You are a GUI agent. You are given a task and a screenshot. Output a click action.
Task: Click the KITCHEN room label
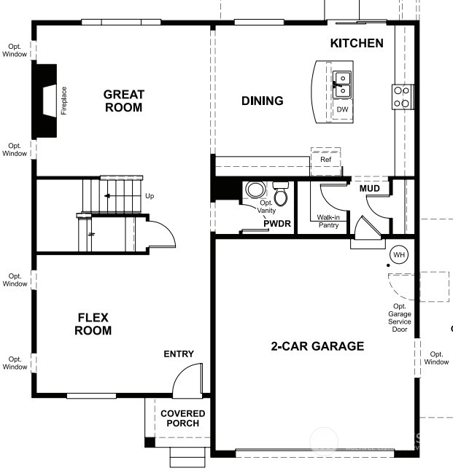[357, 43]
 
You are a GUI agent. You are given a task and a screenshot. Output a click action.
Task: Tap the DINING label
[263, 101]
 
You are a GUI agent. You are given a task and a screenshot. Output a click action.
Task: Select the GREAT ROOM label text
[124, 101]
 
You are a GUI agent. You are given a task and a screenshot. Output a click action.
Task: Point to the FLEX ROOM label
[93, 324]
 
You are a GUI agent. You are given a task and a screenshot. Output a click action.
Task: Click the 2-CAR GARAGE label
[317, 346]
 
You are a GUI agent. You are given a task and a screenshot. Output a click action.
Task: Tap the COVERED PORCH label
[182, 418]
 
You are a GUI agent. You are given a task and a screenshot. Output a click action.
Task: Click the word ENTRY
[179, 354]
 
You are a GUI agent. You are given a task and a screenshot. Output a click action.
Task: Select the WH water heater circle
[399, 254]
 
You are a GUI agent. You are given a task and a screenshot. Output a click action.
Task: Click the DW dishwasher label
[342, 109]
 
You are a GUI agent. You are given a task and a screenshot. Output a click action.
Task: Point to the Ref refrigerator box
[325, 162]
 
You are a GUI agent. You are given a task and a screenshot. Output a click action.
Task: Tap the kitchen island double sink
[342, 85]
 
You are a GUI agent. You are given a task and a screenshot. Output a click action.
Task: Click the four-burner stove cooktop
[401, 96]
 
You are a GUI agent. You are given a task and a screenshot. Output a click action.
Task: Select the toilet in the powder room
[280, 193]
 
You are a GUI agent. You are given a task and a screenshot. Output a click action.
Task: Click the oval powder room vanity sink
[255, 190]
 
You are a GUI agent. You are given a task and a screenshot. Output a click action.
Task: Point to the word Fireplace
[63, 101]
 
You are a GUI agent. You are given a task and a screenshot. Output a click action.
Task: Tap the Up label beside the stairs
[150, 196]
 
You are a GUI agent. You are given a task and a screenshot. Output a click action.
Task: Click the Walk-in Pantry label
[328, 221]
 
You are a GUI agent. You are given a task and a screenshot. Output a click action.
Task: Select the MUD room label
[369, 189]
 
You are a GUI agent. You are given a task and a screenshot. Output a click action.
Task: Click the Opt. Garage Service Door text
[400, 318]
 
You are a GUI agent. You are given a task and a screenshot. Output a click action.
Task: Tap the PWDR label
[277, 224]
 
